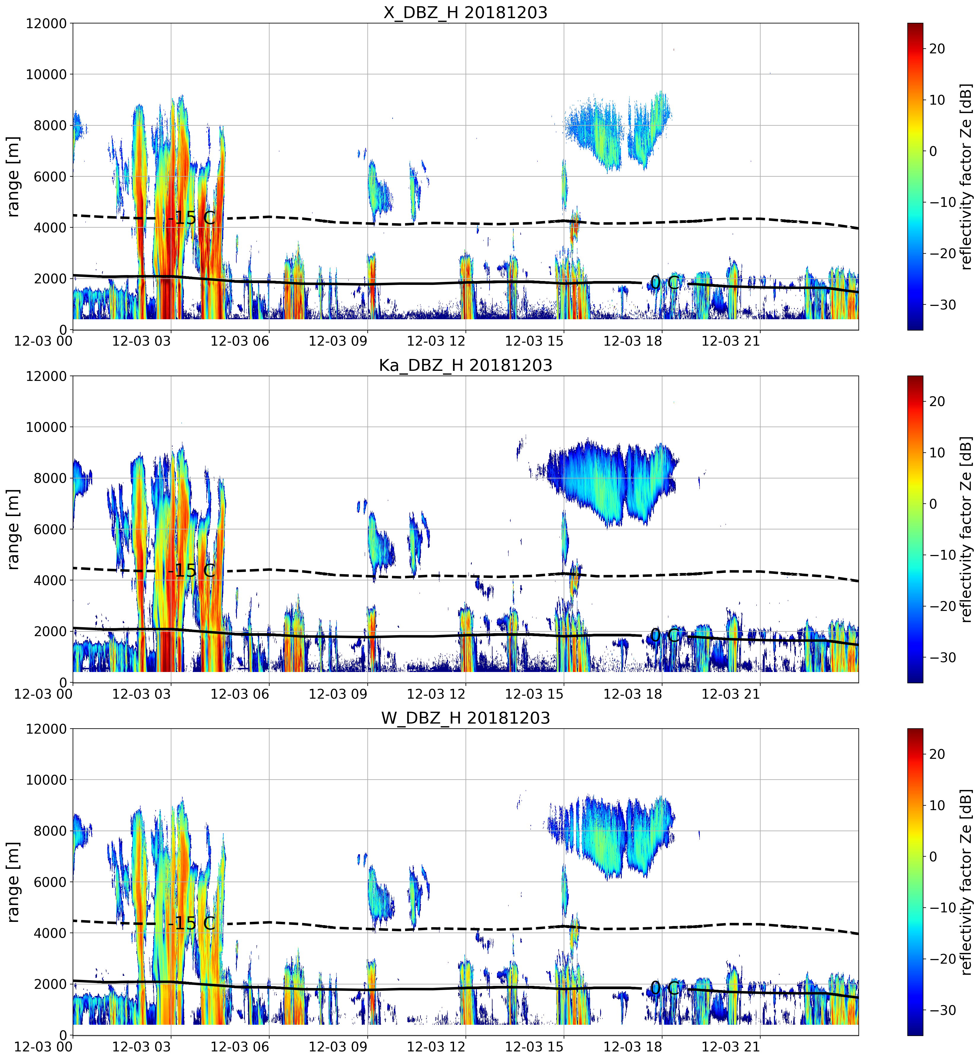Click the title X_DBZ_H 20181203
pos(465,12)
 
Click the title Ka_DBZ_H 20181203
pos(465,365)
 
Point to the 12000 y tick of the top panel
pos(46,24)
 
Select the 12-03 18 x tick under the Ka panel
pos(633,694)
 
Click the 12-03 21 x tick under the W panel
pos(731,1047)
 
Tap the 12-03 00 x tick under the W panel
pos(44,1047)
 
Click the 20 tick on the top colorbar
pos(937,49)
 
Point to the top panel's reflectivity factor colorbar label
pos(966,176)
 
